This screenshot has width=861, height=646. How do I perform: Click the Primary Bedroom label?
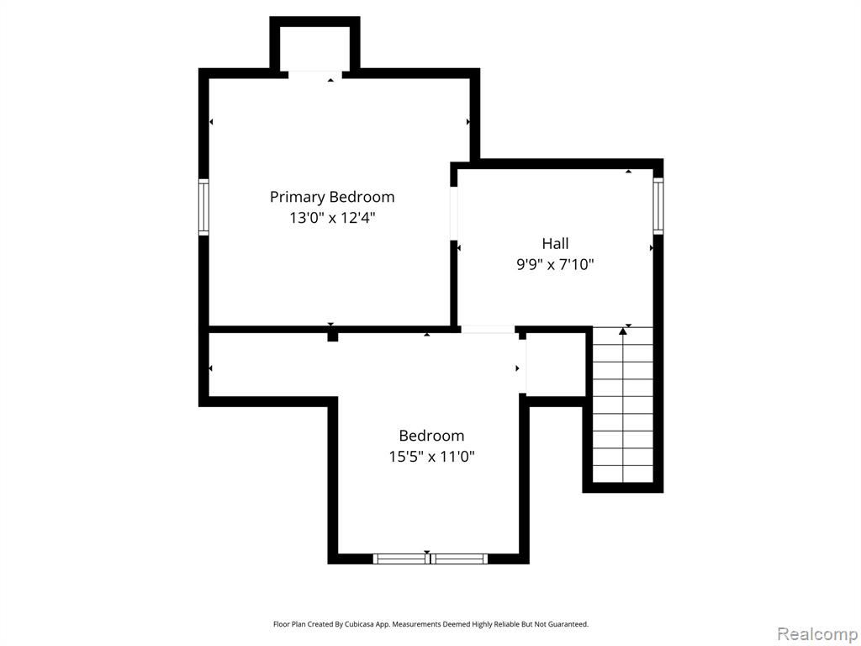point(331,197)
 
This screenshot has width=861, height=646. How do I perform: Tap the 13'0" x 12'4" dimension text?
point(332,218)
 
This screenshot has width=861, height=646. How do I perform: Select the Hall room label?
point(555,243)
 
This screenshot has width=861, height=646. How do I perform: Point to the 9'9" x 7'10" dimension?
point(555,265)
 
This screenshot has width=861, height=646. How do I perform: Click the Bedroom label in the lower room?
point(431,436)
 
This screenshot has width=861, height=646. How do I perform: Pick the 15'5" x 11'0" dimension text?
point(431,457)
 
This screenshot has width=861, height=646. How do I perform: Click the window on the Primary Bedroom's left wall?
point(203,207)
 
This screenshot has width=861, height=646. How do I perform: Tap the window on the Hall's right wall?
point(658,205)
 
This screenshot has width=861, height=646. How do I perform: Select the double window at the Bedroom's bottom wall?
point(430,559)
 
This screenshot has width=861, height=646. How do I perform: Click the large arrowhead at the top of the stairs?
point(623,331)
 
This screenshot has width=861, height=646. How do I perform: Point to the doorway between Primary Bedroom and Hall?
point(454,214)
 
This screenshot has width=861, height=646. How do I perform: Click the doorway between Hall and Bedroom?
point(489,330)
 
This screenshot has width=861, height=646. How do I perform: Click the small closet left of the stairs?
point(556,363)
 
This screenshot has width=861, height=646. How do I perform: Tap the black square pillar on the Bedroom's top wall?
point(333,336)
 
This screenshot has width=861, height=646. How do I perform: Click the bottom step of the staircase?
point(623,474)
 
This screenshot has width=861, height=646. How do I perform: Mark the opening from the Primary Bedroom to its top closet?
point(315,75)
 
